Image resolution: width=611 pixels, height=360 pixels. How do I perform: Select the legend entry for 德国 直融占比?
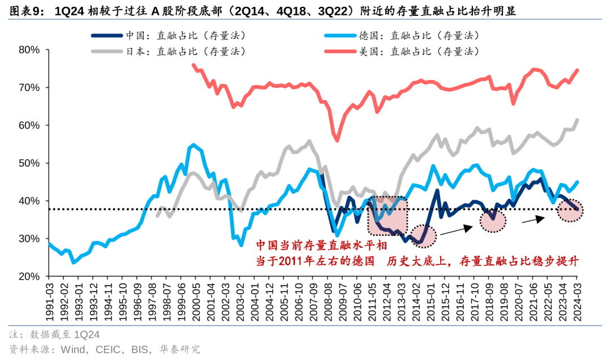pos(419,35)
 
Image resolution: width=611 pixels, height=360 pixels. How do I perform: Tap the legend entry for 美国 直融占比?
pos(419,51)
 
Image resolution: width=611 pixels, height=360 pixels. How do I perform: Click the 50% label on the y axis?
pos(29,163)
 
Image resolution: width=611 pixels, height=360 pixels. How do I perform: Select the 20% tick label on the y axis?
pos(29,276)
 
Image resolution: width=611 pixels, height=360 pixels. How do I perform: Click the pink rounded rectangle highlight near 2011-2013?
pos(388,215)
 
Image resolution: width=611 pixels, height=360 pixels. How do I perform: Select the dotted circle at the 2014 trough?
pos(424,236)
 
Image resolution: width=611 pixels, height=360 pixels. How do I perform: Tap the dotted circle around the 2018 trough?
pos(493,220)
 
